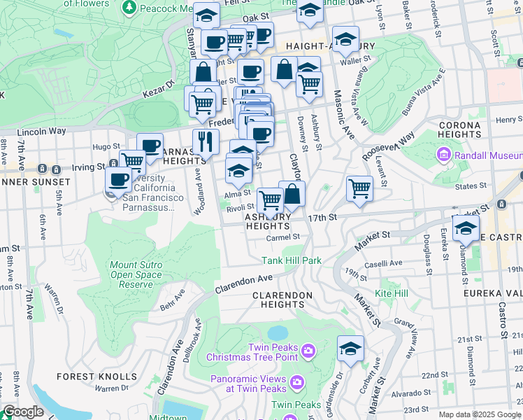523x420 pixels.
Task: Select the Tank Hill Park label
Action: pos(292,260)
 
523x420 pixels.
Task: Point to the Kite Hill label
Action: pos(392,293)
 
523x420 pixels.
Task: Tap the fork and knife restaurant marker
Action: pos(206,142)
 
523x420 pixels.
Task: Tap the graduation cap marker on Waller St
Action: pos(345,40)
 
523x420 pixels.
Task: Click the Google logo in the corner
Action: pos(23,412)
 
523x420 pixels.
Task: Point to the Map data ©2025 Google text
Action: pos(479,414)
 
